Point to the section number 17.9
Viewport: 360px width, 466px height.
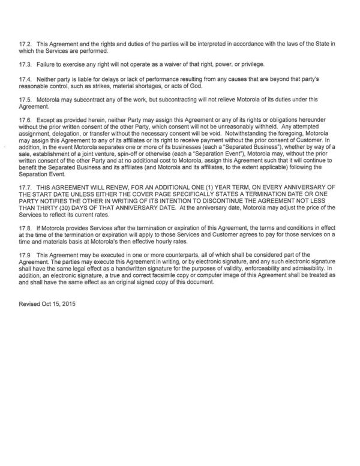pos(26,255)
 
